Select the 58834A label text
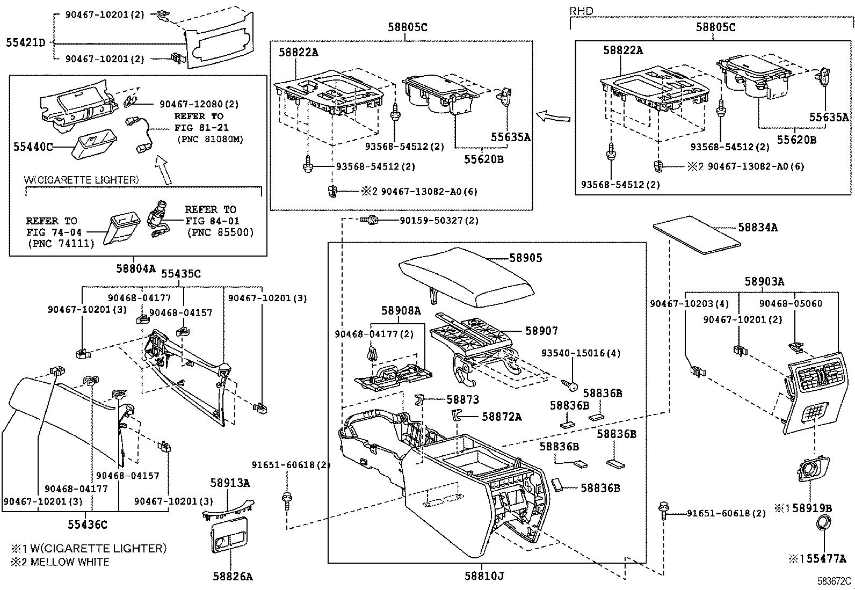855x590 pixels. (x=757, y=228)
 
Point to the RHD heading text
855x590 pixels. (x=582, y=11)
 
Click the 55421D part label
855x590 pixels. (x=26, y=42)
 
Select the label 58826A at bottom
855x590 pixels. (x=232, y=577)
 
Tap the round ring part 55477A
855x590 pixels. (x=822, y=522)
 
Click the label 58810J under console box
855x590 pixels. (x=484, y=576)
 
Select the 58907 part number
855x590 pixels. (x=541, y=331)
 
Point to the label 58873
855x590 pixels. (x=462, y=399)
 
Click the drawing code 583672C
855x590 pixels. (x=834, y=581)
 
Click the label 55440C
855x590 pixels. (x=33, y=147)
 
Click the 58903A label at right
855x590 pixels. (x=764, y=281)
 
